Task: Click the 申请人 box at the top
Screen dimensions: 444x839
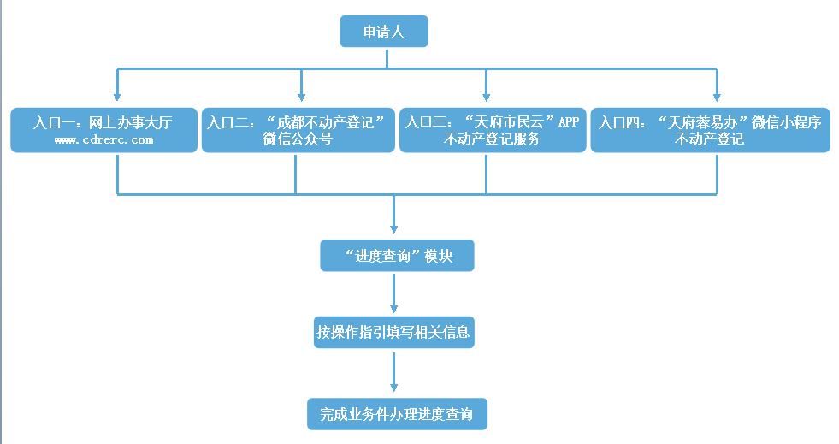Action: pos(383,32)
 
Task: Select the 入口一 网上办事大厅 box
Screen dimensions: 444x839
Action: pos(103,130)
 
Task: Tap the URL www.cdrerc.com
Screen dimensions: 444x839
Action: pos(103,139)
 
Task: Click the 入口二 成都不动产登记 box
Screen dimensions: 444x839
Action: pos(297,130)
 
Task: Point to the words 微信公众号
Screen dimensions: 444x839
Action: pos(297,139)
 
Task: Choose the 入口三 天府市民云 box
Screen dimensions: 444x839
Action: pos(492,130)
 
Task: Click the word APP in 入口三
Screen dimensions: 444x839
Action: pos(569,121)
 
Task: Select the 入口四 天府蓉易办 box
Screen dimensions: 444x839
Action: pos(709,130)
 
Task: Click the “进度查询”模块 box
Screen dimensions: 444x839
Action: pos(397,256)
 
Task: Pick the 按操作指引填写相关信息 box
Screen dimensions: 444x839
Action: pos(393,332)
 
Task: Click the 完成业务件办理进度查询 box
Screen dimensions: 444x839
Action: pos(397,414)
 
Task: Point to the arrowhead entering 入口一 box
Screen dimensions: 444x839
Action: pos(117,97)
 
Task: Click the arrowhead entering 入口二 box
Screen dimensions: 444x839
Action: pos(301,97)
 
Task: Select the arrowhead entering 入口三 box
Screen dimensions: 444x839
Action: pos(486,97)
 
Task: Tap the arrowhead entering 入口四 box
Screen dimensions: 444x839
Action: pos(717,97)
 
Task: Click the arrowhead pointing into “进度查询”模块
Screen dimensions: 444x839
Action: pos(393,228)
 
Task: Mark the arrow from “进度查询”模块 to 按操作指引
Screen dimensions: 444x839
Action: pos(393,295)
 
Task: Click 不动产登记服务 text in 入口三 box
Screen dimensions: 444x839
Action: pos(492,139)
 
